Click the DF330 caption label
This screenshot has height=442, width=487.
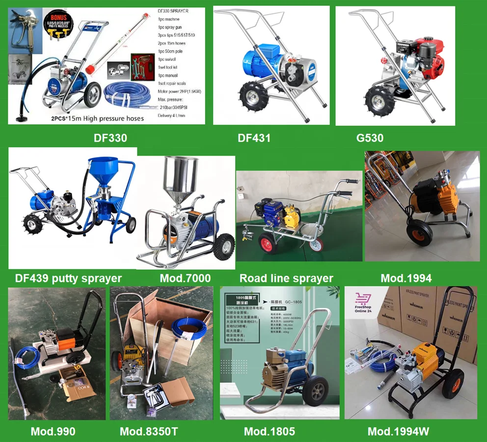[110, 138]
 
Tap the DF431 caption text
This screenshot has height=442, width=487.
[254, 138]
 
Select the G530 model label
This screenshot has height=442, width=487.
[370, 138]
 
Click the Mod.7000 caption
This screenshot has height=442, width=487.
[185, 278]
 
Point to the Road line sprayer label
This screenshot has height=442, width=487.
[286, 278]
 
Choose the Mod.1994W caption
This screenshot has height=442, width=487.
[398, 432]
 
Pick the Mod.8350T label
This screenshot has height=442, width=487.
[149, 432]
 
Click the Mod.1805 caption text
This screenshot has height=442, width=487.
[270, 432]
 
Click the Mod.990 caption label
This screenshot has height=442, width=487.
[53, 432]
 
